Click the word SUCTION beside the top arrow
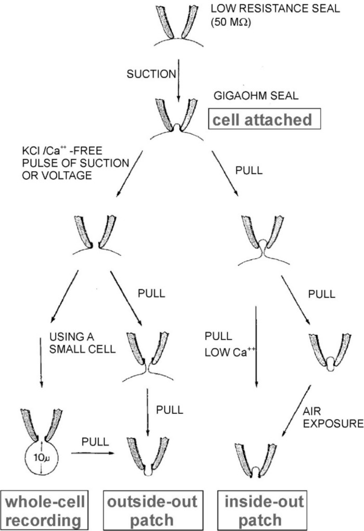151,74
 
